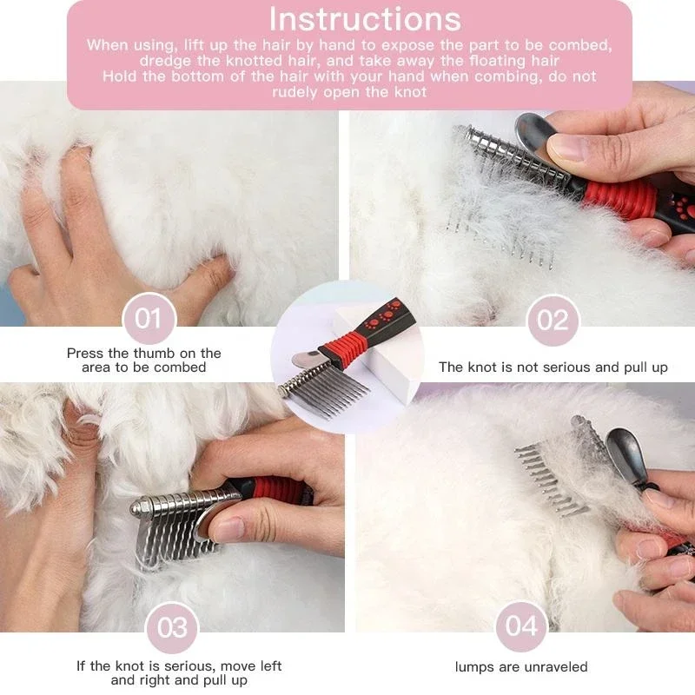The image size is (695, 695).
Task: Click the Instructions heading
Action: tap(365, 19)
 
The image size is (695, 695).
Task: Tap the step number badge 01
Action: tap(149, 319)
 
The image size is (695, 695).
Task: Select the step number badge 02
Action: tap(553, 321)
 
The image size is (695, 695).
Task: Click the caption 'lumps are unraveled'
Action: tap(521, 667)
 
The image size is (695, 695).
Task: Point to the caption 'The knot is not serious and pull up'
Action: tap(553, 367)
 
